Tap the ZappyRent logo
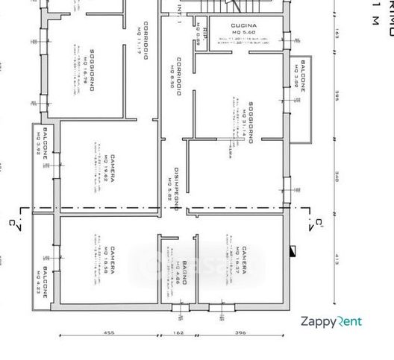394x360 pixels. pos(331,322)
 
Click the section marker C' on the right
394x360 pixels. pos(319,221)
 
